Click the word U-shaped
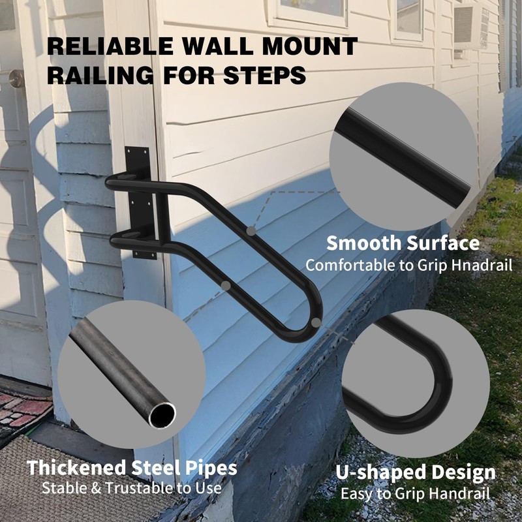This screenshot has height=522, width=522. point(378,472)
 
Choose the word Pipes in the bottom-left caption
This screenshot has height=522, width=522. point(207,467)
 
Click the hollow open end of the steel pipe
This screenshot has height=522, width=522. point(161,415)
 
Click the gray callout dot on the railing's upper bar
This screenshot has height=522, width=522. point(251,230)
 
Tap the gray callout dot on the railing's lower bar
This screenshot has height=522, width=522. point(225,285)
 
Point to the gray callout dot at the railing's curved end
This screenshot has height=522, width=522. point(316,322)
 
